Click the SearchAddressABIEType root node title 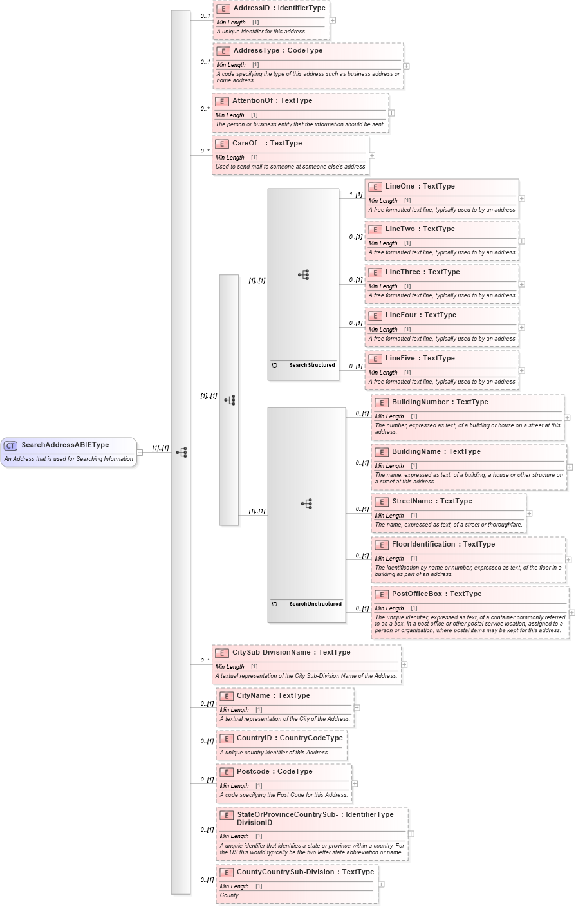click(65, 445)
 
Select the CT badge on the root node click(11, 445)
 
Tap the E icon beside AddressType click(223, 51)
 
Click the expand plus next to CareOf click(372, 155)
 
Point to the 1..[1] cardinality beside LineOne click(355, 194)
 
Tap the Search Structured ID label click(312, 365)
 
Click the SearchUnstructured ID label click(315, 604)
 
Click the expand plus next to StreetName click(529, 513)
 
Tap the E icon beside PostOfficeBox click(382, 594)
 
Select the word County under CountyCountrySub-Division click(229, 895)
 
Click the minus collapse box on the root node click(140, 452)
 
